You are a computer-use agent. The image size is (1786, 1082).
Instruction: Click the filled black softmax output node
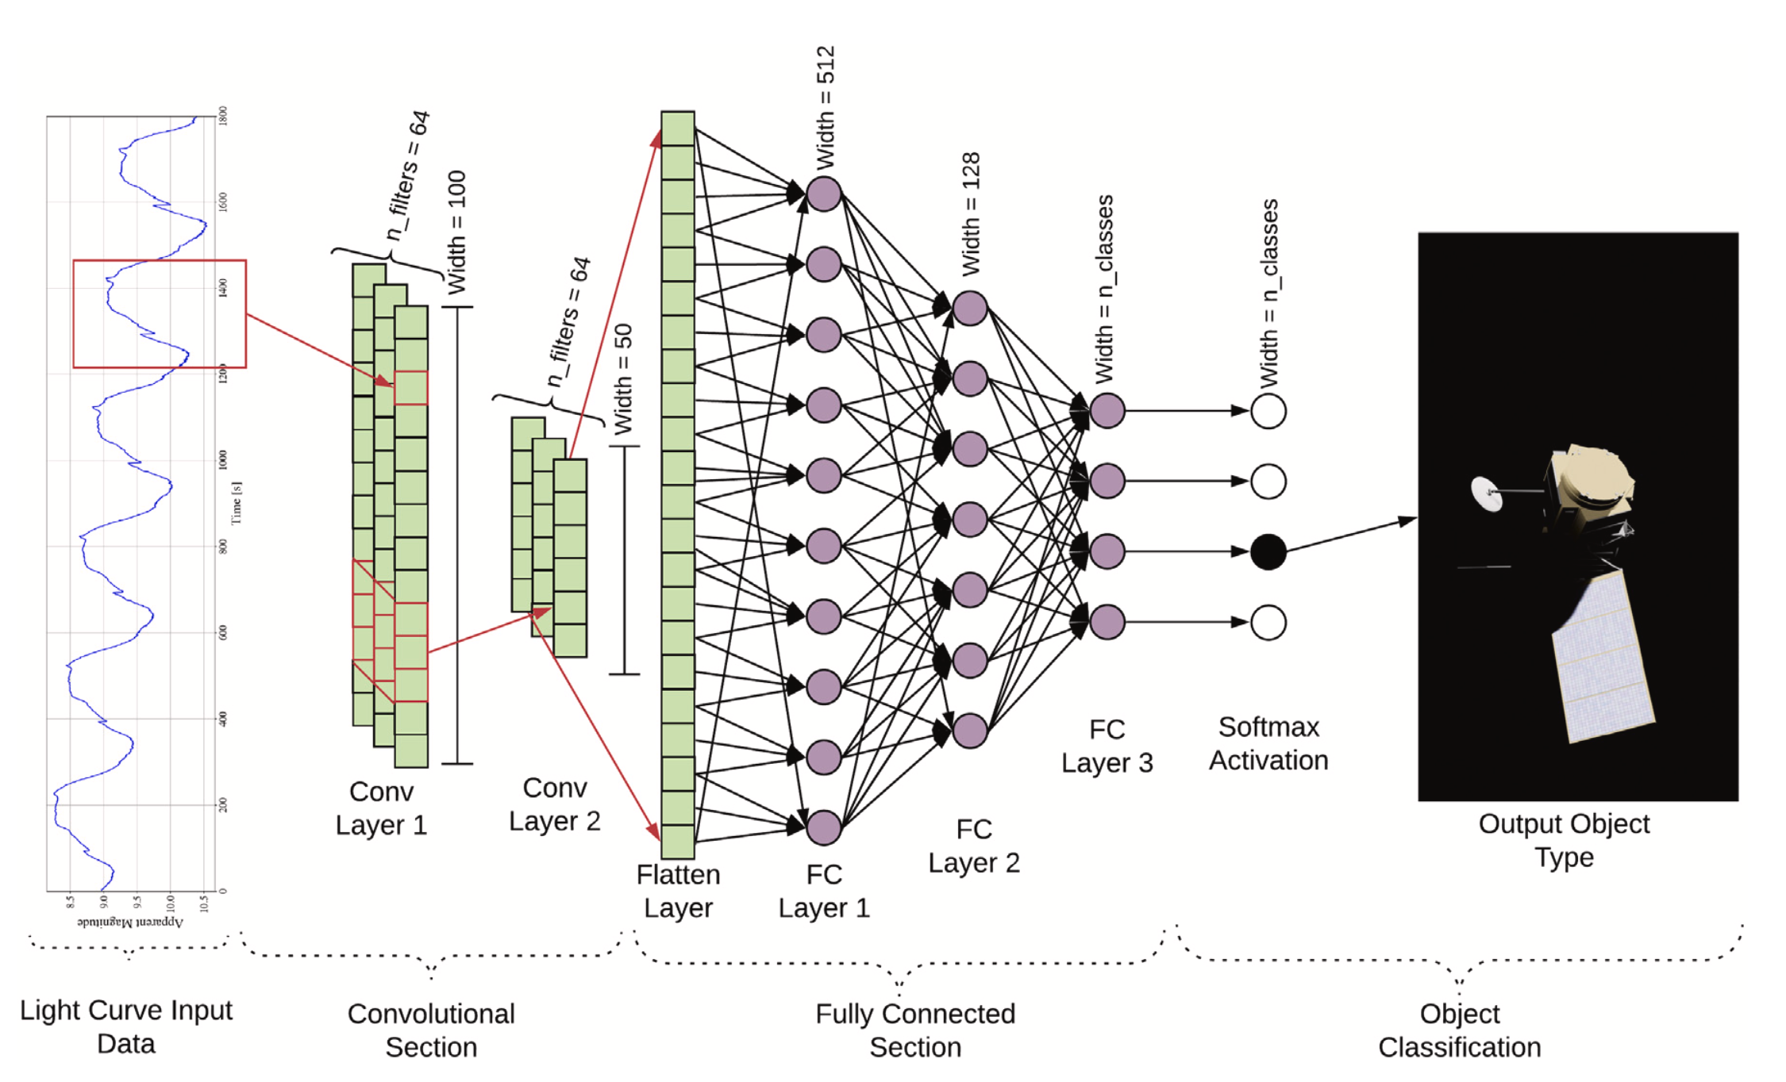[1268, 552]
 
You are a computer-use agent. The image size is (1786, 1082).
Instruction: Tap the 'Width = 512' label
[826, 107]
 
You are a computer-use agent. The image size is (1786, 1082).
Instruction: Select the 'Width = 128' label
[971, 214]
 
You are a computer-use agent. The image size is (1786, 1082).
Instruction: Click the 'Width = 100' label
[456, 232]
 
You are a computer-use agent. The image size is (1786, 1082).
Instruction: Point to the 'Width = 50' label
[624, 379]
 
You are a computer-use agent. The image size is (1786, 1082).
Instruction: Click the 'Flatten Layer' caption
[678, 891]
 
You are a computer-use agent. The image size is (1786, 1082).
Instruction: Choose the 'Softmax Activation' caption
[1268, 743]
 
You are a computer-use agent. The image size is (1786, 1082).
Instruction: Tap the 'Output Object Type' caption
[1564, 840]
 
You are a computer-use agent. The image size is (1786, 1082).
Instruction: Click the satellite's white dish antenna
[1486, 493]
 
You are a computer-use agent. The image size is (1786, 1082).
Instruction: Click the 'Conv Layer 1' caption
[381, 808]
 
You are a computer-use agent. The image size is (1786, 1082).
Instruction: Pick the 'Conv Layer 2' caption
[555, 804]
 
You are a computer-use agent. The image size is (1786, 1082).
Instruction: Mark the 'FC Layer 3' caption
[1107, 746]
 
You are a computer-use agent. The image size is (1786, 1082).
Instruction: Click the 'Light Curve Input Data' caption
[126, 1026]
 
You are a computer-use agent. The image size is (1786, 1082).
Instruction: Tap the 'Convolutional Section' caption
[431, 1030]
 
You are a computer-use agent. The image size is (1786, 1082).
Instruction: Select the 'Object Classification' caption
[1460, 1030]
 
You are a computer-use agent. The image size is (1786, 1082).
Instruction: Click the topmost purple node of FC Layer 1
[823, 194]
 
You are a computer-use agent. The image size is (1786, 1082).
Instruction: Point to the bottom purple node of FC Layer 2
[969, 731]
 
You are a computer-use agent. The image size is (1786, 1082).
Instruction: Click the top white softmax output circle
[1268, 411]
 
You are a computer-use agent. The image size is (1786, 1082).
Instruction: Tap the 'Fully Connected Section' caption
[915, 1030]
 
